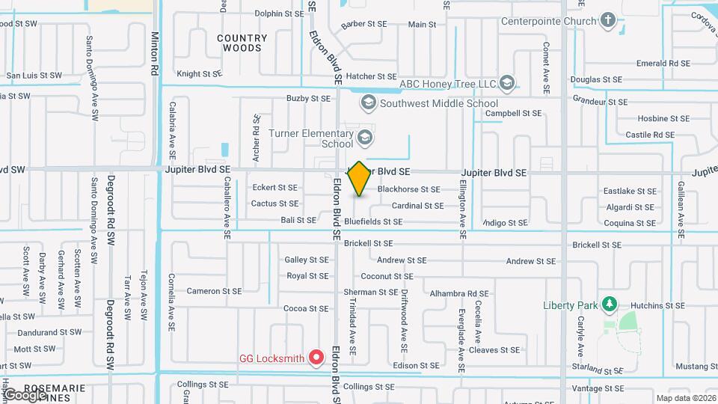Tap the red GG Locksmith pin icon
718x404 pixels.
click(x=316, y=358)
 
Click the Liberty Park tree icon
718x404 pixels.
click(x=610, y=304)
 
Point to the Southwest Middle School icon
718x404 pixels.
click(x=368, y=102)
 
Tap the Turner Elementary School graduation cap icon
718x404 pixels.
click(x=364, y=137)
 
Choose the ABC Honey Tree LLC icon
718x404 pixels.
click(x=507, y=83)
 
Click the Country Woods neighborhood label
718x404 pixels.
click(x=242, y=43)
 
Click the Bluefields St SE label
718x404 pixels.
click(x=373, y=221)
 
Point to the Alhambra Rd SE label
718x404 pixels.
click(x=458, y=294)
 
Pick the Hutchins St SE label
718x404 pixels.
click(x=657, y=306)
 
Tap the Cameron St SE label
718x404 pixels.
click(x=214, y=291)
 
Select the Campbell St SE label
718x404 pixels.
click(x=512, y=114)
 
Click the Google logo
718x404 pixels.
click(x=24, y=394)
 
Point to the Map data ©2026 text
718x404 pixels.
click(x=685, y=398)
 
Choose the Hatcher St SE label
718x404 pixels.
click(x=372, y=76)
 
